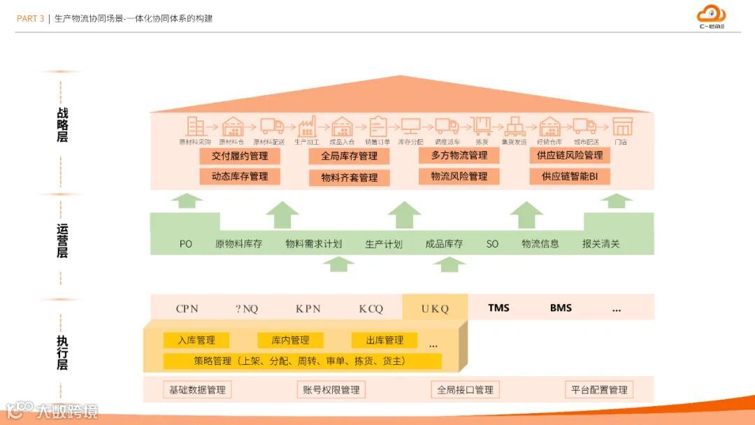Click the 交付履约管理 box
click(x=240, y=156)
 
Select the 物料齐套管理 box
click(x=349, y=178)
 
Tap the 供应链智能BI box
click(x=570, y=176)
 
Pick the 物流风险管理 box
click(x=459, y=176)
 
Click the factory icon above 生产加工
click(x=306, y=127)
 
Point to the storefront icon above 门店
click(x=621, y=127)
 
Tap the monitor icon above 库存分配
click(x=410, y=127)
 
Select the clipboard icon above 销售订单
click(x=377, y=127)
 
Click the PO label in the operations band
click(x=185, y=244)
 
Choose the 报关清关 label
click(x=601, y=244)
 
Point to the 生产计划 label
click(x=384, y=244)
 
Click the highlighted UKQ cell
click(x=435, y=308)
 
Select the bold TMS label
click(x=499, y=308)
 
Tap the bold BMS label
click(x=561, y=308)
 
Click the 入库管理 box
click(x=196, y=340)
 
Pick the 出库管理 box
click(x=384, y=340)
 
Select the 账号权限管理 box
click(x=331, y=389)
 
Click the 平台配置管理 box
click(x=599, y=389)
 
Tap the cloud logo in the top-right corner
click(x=712, y=15)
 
